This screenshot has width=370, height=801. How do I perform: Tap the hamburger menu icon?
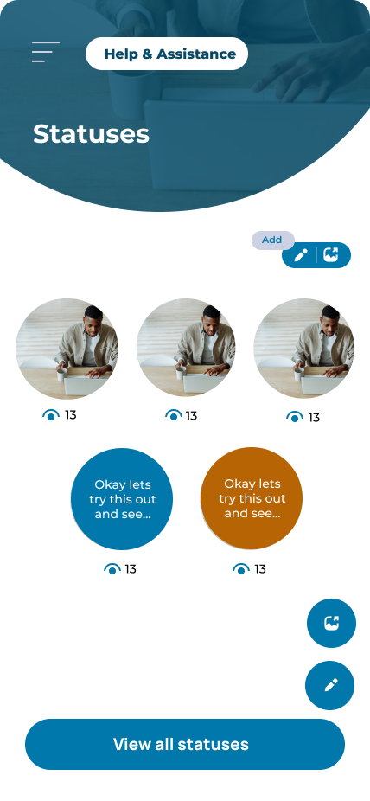46,52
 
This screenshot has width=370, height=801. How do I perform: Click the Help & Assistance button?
167,54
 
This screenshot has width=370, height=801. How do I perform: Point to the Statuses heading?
91,134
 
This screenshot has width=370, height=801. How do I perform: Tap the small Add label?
272,240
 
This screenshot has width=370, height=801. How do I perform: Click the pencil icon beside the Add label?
301,255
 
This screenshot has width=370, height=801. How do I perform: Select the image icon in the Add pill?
331,254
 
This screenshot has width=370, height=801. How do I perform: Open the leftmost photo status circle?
67,349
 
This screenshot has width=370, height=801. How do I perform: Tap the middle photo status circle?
186,349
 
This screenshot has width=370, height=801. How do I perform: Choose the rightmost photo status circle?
304,349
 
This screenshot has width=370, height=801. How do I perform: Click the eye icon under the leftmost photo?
50,415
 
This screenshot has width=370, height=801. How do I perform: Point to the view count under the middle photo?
191,416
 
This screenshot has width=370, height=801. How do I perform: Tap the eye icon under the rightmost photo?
295,417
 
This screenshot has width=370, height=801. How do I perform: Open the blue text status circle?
122,499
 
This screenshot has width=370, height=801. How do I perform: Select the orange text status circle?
252,498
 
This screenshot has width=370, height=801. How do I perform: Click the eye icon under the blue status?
112,568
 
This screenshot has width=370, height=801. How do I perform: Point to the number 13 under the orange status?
260,568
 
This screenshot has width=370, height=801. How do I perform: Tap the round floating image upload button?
331,623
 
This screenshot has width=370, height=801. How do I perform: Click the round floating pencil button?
329,686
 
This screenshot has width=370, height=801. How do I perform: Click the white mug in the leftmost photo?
61,375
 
